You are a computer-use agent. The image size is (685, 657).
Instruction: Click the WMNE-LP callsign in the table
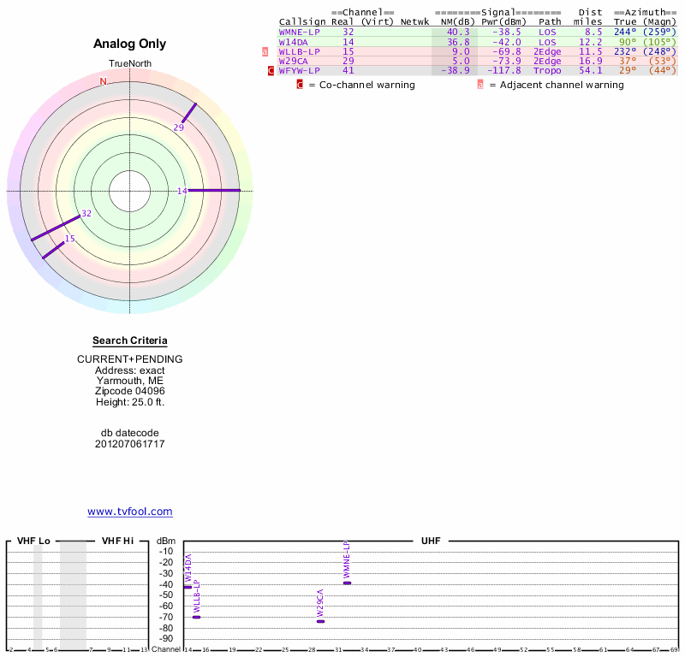(x=299, y=32)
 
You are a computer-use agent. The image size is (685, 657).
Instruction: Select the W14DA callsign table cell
(x=293, y=42)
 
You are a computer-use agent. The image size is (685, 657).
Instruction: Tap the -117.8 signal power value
(x=501, y=71)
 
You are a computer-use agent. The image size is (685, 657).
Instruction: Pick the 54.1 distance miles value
(x=590, y=71)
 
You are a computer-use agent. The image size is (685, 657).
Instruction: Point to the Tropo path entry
(x=547, y=71)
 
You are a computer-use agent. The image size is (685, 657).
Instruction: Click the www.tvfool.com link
(x=130, y=512)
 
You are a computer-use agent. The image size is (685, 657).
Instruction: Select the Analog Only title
(x=130, y=44)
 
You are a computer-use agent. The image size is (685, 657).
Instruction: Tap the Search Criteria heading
(x=130, y=341)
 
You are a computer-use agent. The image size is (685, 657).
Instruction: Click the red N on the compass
(x=104, y=82)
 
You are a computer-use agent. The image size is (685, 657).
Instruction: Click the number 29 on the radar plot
(x=179, y=128)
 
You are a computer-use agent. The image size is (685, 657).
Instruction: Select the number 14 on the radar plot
(x=182, y=191)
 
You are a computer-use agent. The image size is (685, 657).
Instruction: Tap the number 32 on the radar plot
(x=86, y=213)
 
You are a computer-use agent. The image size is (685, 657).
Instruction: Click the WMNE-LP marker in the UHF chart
(x=347, y=583)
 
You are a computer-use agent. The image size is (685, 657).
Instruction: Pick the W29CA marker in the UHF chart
(x=320, y=621)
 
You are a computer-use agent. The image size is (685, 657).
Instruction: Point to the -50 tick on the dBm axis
(x=166, y=595)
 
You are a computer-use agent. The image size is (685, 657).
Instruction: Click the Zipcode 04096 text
(x=130, y=391)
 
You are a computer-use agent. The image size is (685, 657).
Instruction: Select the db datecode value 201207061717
(x=130, y=444)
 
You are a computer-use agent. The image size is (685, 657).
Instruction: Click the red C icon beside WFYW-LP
(x=271, y=71)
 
